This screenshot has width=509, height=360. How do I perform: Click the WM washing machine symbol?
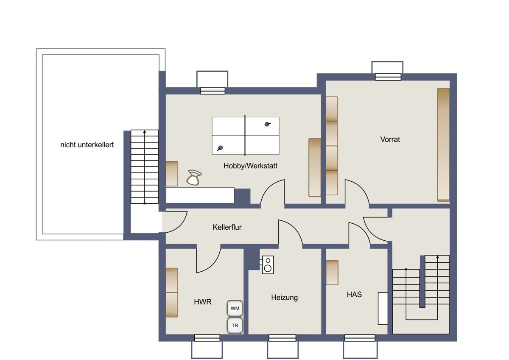235,308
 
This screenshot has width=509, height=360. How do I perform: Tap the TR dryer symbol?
235,326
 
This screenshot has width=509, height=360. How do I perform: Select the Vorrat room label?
390,139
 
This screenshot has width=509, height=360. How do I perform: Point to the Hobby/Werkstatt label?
250,166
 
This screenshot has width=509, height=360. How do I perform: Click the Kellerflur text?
227,227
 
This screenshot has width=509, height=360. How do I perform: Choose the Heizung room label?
284,298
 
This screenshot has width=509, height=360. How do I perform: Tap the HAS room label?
354,295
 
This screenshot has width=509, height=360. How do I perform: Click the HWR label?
203,302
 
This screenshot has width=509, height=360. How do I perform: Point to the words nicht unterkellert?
87,145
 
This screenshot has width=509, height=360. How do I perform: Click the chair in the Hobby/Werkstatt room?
194,177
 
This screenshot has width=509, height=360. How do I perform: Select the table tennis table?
246,135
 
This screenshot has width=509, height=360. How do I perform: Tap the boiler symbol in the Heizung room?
268,265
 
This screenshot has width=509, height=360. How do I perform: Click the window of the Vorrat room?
388,77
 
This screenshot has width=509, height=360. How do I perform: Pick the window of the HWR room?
207,338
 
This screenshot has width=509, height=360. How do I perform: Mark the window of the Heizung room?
282,338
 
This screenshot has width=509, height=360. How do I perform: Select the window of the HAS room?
360,338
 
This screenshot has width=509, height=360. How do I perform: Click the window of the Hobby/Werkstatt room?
213,91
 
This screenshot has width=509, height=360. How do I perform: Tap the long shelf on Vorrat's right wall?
443,145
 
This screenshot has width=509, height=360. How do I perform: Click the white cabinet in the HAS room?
383,308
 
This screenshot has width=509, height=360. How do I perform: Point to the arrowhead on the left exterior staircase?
145,132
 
